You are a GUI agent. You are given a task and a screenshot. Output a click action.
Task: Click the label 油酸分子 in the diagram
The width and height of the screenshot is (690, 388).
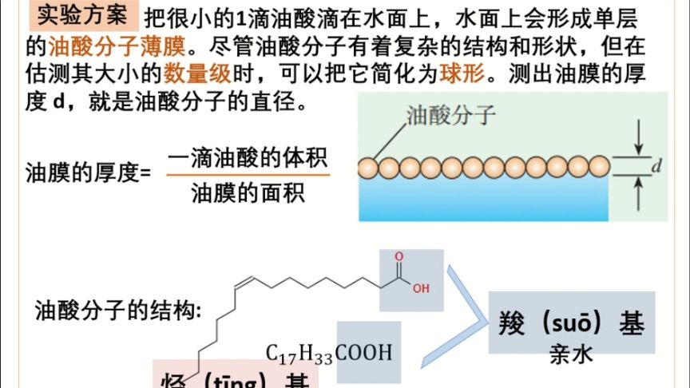(x=440, y=117)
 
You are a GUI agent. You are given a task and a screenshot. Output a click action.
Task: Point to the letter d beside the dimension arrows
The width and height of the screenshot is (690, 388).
(x=655, y=168)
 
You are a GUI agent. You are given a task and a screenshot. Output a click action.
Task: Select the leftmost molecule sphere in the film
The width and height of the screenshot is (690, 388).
(x=368, y=168)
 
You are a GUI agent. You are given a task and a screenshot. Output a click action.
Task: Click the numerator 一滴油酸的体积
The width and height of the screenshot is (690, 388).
(x=248, y=157)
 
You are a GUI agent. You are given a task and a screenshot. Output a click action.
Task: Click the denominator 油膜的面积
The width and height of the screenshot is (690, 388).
(x=248, y=192)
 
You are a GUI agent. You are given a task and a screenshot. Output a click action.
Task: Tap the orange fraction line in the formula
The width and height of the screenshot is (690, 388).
(x=248, y=175)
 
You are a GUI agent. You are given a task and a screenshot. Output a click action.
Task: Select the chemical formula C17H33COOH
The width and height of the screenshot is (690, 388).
(x=329, y=352)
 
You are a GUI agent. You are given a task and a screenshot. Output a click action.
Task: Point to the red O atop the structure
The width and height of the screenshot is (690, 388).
(x=399, y=257)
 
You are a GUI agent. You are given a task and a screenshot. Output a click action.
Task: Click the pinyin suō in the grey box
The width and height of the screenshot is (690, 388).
(x=570, y=324)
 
